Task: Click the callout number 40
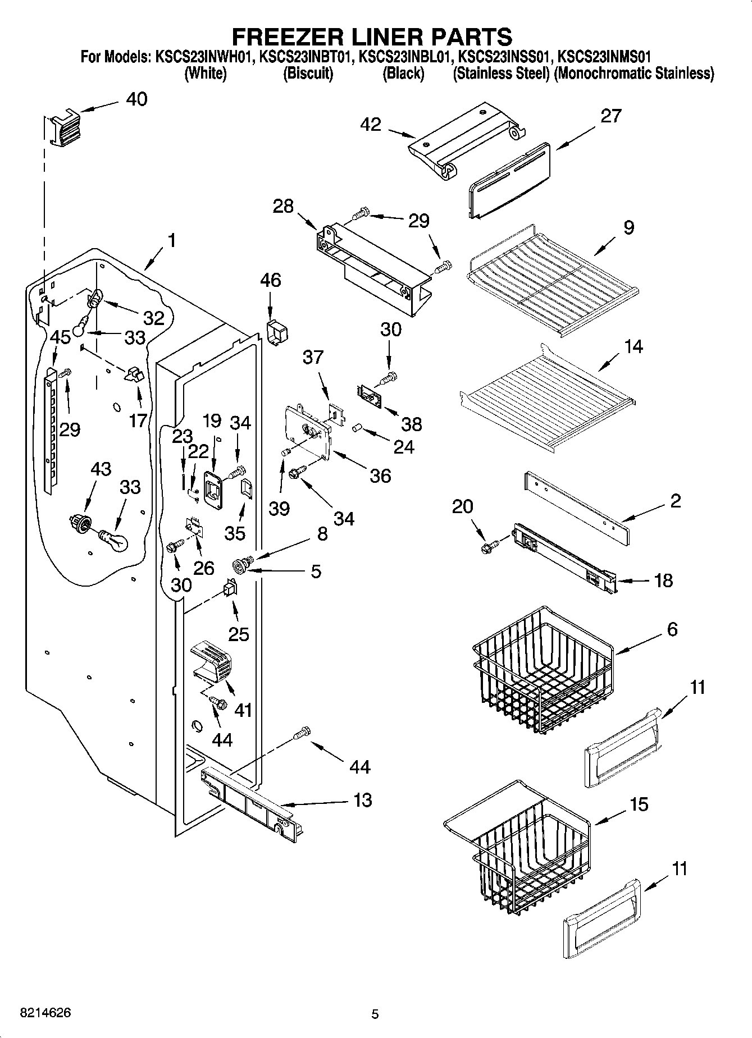click(136, 99)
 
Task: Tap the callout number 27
click(610, 116)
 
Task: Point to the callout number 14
click(633, 346)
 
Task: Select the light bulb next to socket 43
click(114, 539)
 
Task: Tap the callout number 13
click(363, 800)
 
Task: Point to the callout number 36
click(380, 476)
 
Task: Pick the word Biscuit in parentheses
click(308, 74)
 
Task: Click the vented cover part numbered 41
click(212, 662)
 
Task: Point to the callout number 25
click(238, 634)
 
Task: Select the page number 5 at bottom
click(375, 1014)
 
